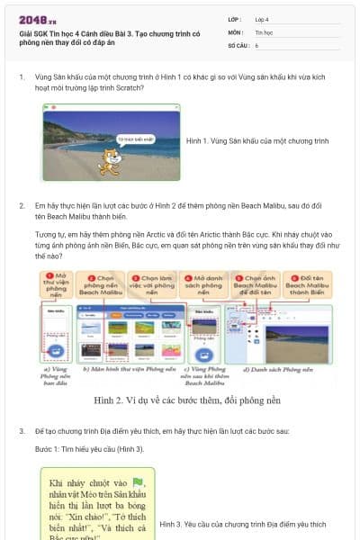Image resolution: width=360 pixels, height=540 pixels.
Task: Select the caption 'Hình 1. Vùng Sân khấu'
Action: click(x=256, y=141)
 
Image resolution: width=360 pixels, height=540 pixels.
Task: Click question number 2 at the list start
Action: click(x=22, y=205)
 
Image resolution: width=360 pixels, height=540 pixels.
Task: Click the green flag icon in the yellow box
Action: click(x=138, y=482)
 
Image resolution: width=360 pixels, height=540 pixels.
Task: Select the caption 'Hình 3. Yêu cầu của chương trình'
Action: click(x=243, y=523)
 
